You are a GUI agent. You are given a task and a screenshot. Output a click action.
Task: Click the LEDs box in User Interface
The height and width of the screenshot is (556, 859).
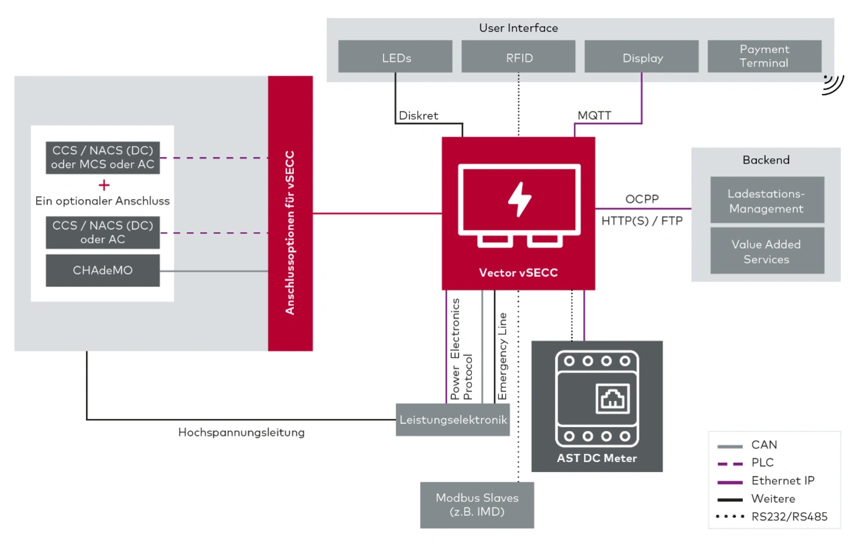pos(395,57)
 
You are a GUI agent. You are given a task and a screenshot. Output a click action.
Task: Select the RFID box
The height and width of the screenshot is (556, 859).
pos(519,57)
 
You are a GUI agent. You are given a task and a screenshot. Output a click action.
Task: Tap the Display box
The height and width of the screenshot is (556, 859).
pos(642,57)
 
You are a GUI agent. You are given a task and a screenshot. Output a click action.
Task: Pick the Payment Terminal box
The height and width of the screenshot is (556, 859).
pos(764,56)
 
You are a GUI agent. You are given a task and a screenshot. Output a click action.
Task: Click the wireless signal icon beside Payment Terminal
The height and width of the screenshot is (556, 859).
pos(833,84)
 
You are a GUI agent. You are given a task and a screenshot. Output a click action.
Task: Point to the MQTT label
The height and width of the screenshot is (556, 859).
pos(595,115)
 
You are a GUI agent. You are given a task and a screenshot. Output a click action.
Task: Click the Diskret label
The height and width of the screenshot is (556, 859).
pos(418,115)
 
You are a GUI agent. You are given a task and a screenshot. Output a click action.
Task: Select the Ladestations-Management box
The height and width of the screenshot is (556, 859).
pos(766,201)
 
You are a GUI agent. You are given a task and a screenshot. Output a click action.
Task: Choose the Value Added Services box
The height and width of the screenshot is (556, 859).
pos(766,252)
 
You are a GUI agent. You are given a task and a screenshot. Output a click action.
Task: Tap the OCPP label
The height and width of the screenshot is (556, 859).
pos(642,199)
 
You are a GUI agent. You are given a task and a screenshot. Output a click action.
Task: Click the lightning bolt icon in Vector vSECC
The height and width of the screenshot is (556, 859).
pos(519,199)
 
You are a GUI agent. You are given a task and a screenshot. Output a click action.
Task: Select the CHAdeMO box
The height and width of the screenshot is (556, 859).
pos(103,270)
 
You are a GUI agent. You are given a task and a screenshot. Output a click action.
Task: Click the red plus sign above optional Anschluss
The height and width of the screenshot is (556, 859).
pos(103,185)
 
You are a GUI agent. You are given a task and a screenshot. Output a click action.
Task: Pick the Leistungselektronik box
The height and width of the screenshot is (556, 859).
pos(453,420)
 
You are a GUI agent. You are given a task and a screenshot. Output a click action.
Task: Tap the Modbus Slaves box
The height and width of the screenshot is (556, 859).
pos(477,504)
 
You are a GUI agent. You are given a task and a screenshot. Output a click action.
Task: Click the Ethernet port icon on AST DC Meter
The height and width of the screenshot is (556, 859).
pos(611,401)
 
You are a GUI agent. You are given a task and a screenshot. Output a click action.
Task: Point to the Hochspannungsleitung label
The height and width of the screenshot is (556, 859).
pos(242,433)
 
